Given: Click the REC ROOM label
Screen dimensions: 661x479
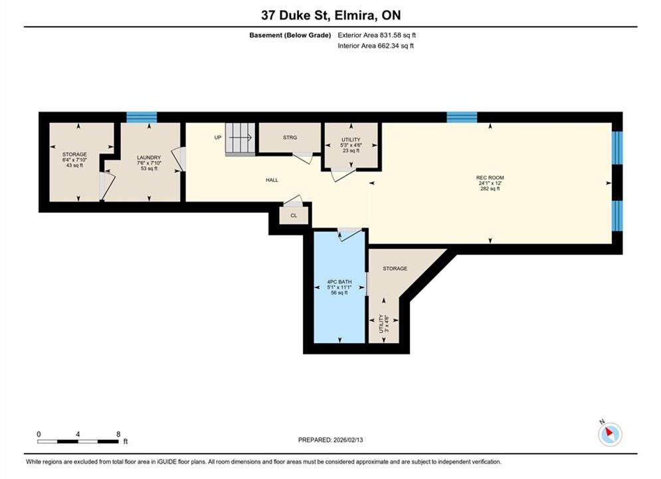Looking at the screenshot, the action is click(490, 178).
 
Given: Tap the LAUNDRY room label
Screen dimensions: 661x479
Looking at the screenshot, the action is click(149, 158).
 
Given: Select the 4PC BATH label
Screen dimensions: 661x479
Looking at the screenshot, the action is click(339, 282).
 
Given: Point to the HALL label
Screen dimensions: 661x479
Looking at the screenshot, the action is click(272, 180).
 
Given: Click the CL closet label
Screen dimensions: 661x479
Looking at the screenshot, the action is click(294, 216).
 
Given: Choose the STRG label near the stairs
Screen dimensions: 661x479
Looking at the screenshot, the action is click(290, 138).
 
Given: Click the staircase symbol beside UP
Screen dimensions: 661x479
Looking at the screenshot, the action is click(240, 139).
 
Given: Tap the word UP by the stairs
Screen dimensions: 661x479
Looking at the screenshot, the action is click(218, 138).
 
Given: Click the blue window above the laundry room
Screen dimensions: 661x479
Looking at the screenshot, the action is click(142, 117).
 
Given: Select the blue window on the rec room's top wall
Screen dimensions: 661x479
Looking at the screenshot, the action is click(462, 117).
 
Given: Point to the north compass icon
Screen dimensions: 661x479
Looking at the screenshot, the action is click(610, 433).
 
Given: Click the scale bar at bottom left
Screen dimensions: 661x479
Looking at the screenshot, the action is click(78, 442).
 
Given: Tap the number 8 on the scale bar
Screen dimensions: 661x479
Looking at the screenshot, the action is click(118, 434).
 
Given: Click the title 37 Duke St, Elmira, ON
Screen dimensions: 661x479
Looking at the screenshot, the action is click(331, 15).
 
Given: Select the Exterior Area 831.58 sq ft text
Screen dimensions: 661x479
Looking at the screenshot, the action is click(377, 35).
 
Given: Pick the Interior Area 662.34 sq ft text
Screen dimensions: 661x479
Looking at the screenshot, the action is click(375, 46).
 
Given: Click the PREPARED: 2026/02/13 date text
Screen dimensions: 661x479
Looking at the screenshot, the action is click(331, 440).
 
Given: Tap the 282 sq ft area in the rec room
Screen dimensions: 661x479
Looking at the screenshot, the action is click(490, 189).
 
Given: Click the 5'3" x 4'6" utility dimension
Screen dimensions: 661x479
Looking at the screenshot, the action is click(351, 145).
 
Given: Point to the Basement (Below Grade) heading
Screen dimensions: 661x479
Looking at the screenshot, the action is click(290, 35).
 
